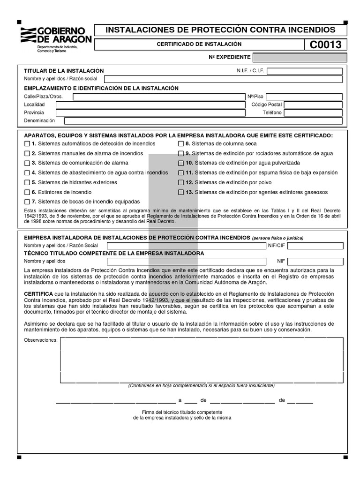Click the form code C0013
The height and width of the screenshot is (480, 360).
pos(325,45)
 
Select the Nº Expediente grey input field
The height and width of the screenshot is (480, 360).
pos(300,58)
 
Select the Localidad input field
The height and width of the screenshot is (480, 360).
pos(150,105)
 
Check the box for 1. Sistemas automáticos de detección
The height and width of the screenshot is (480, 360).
pos(27,144)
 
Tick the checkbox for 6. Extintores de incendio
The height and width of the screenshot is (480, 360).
pos(27,193)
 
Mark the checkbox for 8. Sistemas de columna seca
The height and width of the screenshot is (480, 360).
pos(181,144)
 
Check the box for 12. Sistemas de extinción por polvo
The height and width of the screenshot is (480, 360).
pos(181,183)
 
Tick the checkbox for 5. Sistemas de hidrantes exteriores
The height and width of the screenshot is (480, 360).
pos(27,183)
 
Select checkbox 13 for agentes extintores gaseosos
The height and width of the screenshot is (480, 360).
pos(181,193)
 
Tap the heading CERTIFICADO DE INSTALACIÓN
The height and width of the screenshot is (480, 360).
pos(199,44)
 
